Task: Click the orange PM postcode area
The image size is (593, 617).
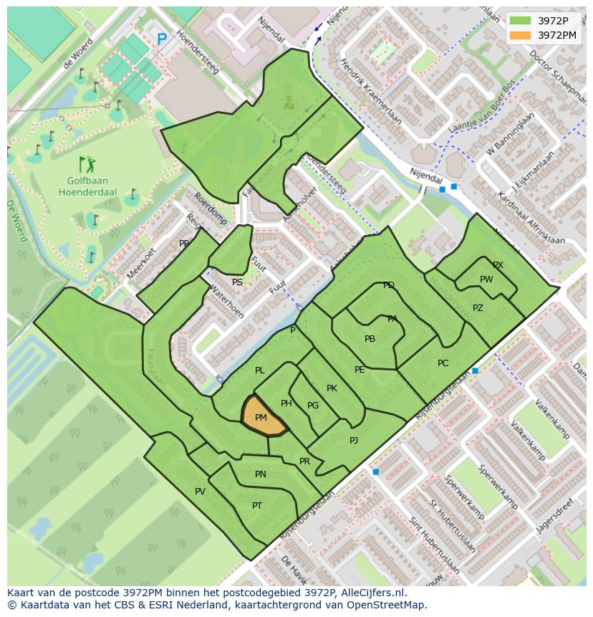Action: [262, 416]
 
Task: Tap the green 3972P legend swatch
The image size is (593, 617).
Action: [521, 21]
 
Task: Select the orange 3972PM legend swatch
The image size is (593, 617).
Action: [521, 34]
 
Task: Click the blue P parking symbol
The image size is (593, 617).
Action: [162, 40]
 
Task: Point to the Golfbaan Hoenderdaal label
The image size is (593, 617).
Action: [88, 186]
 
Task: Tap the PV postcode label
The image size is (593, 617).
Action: [200, 492]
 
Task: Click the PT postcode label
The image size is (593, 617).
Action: [257, 506]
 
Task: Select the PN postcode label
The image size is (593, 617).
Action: [260, 474]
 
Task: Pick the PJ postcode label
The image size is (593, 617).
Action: [354, 441]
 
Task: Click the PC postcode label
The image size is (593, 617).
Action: [443, 363]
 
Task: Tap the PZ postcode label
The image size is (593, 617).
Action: [478, 308]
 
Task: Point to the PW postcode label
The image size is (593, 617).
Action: [486, 279]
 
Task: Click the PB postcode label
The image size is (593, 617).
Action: [370, 339]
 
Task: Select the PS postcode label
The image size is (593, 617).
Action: [237, 282]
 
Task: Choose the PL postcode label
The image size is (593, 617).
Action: [260, 370]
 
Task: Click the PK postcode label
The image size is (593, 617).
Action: [332, 388]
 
